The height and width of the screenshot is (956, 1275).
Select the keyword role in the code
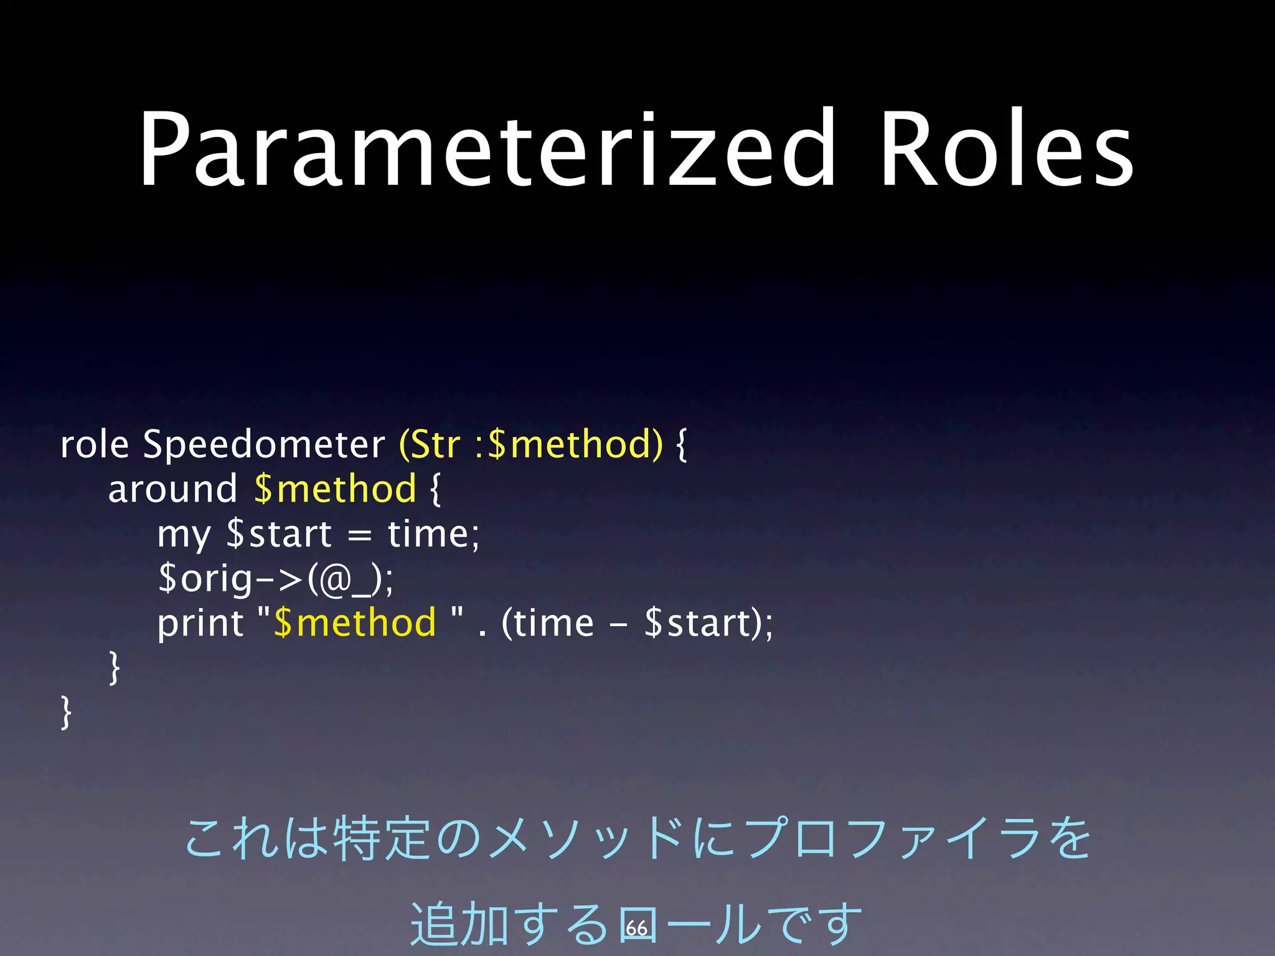coord(94,444)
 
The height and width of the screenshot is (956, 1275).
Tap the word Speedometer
coord(264,446)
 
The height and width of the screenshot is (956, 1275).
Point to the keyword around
coord(172,489)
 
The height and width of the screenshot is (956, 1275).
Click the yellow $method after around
coord(336,489)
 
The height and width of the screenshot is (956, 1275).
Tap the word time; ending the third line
coord(433,534)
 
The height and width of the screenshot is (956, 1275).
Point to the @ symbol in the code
coord(336,579)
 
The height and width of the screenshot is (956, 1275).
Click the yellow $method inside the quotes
coord(355,623)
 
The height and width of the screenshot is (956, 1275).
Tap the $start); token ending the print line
coord(708,623)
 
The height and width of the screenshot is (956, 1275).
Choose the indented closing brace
coord(114,668)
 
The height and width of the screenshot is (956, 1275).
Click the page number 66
coord(636,928)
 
